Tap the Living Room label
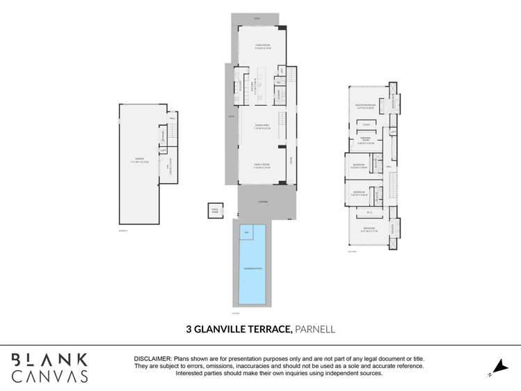pos(262,47)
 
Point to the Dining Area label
pos(262,127)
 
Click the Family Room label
pos(262,166)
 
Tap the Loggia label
pos(262,202)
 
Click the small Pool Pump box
pos(214,209)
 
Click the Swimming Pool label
pos(253,268)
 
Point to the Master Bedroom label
pos(366,106)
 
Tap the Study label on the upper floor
pos(366,125)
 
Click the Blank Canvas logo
pos(49,367)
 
